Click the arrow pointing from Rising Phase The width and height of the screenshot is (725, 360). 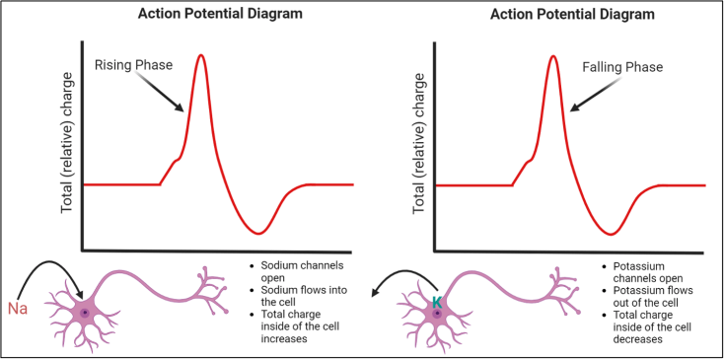click(x=166, y=97)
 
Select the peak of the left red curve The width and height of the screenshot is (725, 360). click(x=202, y=55)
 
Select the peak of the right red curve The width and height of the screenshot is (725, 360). click(x=553, y=55)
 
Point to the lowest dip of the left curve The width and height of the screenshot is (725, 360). click(x=257, y=233)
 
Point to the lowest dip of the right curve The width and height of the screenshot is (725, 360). click(x=613, y=234)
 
